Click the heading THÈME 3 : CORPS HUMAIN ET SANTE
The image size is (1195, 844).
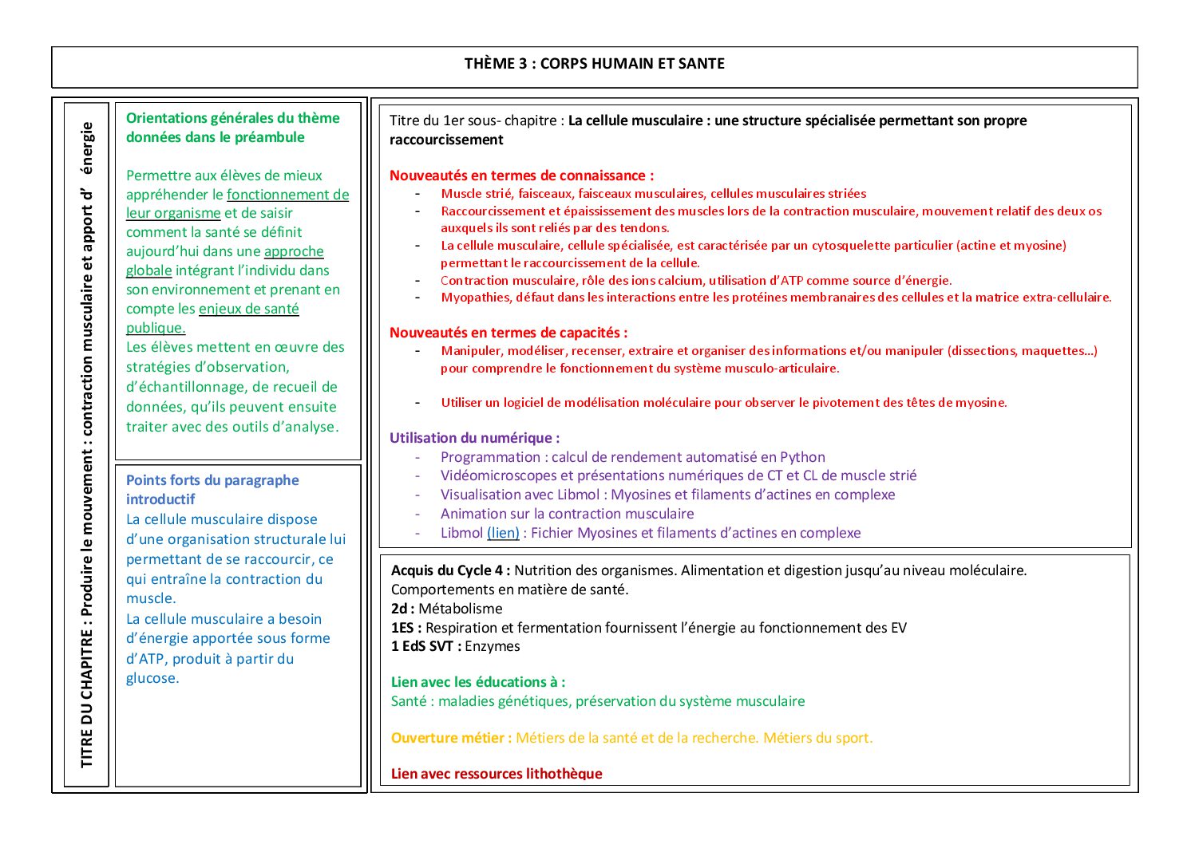click(x=595, y=64)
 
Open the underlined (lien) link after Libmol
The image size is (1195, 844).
click(x=503, y=533)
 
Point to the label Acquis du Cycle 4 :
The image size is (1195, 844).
click(x=450, y=570)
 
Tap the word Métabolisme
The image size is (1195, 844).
click(x=461, y=609)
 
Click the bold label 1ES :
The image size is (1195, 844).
click(x=406, y=628)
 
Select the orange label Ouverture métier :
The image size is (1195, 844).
click(x=451, y=738)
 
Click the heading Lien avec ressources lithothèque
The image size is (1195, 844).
click(x=497, y=774)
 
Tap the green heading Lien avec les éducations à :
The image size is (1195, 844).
click(x=478, y=682)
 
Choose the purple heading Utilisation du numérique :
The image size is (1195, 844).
click(x=474, y=438)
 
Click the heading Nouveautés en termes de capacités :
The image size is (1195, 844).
click(x=508, y=333)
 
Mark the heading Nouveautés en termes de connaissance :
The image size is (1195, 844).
click(x=521, y=176)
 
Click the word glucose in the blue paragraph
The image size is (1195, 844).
click(x=152, y=678)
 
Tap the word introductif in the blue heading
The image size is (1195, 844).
click(x=160, y=499)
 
